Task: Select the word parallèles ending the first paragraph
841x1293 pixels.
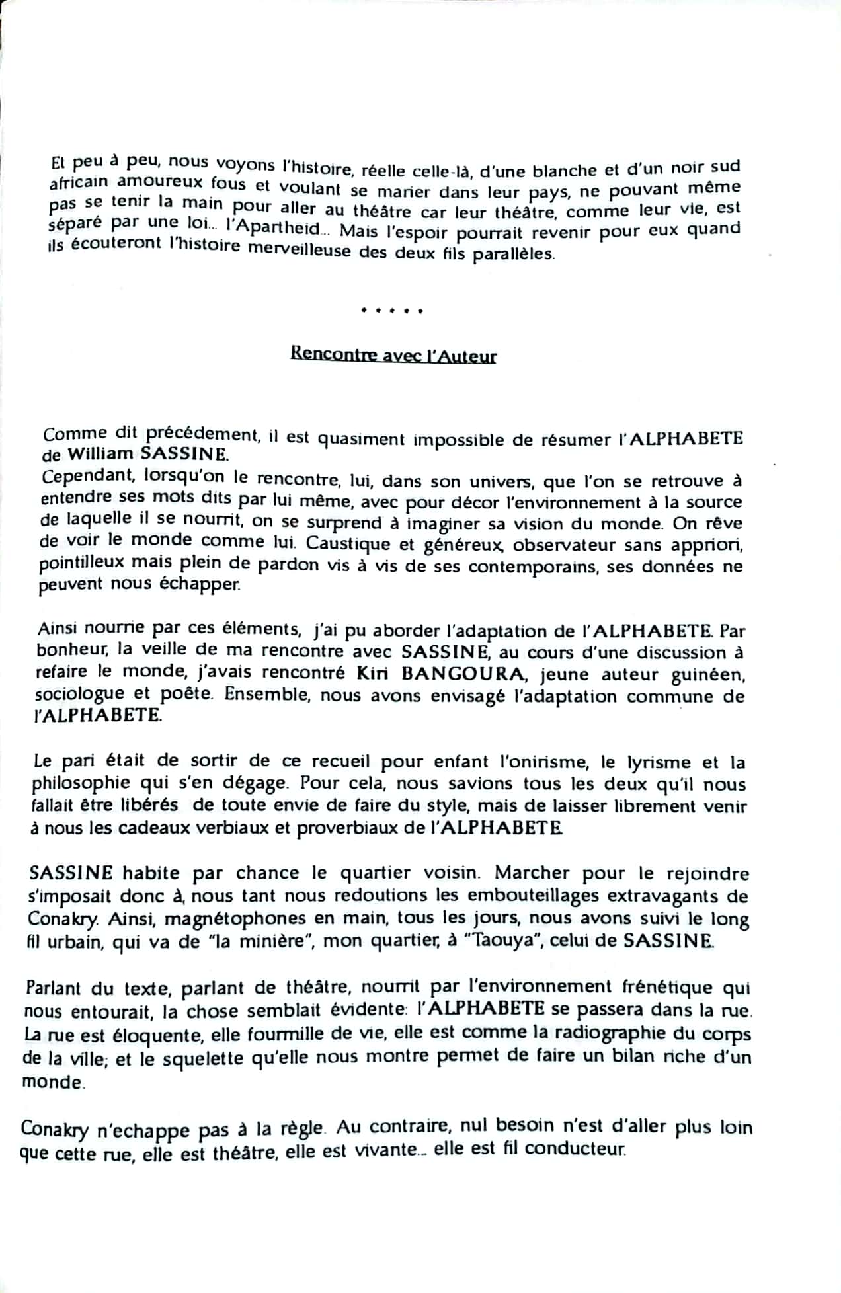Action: pos(513,254)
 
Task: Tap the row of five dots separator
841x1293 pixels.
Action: pos(392,310)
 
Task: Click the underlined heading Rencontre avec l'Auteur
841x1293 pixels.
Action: pos(393,356)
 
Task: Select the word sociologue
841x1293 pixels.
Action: pos(79,695)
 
